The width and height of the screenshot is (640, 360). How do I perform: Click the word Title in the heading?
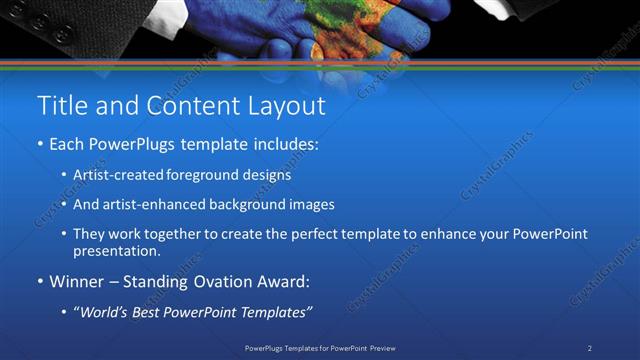[x=58, y=105]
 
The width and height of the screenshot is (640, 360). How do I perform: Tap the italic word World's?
[x=105, y=312]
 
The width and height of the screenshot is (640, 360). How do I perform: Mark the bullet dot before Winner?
[x=40, y=282]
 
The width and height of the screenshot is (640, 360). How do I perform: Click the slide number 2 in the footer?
[x=589, y=348]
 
